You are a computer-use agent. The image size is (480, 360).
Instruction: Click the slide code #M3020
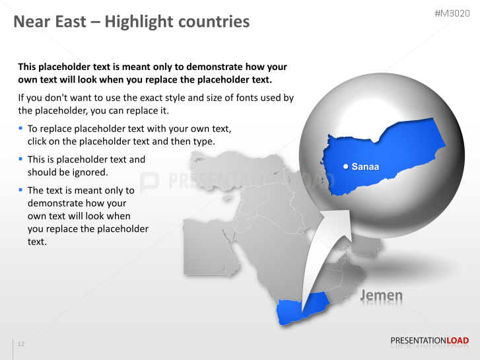point(452,14)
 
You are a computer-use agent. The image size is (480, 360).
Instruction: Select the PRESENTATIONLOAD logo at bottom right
point(429,341)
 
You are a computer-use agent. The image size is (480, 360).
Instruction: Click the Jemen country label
point(381,295)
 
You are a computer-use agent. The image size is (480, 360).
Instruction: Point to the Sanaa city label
point(365,166)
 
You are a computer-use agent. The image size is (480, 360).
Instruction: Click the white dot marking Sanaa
point(345,166)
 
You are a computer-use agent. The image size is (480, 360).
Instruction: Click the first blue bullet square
point(20,128)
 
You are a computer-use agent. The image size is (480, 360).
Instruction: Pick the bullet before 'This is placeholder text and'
point(20,159)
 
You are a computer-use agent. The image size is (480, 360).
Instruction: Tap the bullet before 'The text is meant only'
point(20,190)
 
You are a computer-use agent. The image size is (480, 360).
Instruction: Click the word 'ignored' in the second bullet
point(91,172)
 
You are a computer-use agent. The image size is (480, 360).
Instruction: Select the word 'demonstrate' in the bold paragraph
point(188,67)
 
